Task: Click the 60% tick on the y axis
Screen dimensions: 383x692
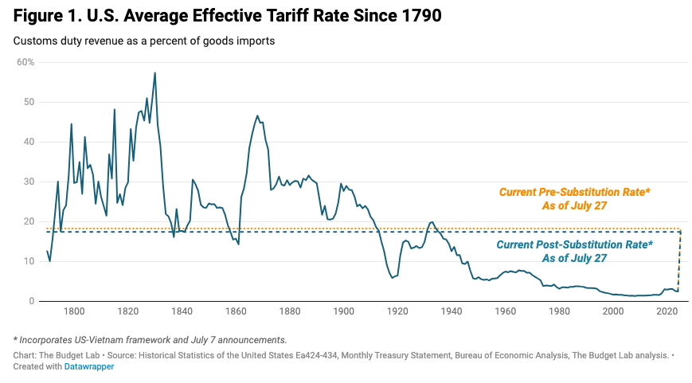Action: click(x=26, y=61)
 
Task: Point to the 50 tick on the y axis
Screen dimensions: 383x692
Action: click(x=29, y=102)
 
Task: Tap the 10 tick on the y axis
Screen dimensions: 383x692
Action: click(x=29, y=261)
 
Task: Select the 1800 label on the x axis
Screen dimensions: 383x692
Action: click(x=74, y=311)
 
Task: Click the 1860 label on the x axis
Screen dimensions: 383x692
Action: click(x=236, y=311)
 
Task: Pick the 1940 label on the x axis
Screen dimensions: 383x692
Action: click(x=452, y=311)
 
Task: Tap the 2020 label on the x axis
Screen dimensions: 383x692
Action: click(x=667, y=311)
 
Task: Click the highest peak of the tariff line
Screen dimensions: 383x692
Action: click(x=154, y=72)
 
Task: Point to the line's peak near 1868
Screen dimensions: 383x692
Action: click(x=257, y=115)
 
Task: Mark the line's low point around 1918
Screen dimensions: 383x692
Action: click(x=392, y=277)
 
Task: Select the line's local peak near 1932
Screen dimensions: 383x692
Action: click(x=432, y=222)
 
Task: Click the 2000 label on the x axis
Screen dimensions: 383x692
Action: click(x=612, y=311)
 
